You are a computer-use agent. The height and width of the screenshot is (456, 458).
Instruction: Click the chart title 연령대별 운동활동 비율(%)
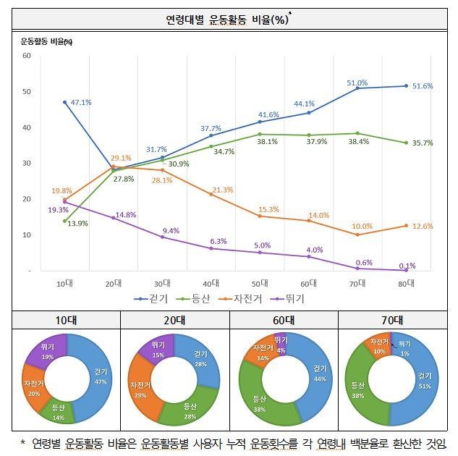228,19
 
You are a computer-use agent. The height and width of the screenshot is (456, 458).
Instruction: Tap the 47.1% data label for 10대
81,102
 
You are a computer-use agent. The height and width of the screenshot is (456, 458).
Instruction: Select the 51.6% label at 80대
423,86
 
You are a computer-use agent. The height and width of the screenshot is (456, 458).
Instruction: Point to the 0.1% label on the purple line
407,265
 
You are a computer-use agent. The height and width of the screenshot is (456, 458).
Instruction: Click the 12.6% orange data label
423,226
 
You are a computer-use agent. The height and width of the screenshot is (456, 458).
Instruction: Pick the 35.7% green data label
423,143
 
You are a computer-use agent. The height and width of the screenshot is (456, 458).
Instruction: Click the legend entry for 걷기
155,298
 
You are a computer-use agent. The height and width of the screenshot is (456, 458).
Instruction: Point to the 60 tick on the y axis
27,56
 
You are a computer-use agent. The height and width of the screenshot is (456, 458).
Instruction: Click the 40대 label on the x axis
211,283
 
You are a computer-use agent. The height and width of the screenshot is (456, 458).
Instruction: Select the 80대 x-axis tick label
407,283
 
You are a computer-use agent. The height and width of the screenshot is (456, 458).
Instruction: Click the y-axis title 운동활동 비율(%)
46,41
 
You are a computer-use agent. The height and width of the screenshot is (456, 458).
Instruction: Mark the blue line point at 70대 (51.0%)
357,88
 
